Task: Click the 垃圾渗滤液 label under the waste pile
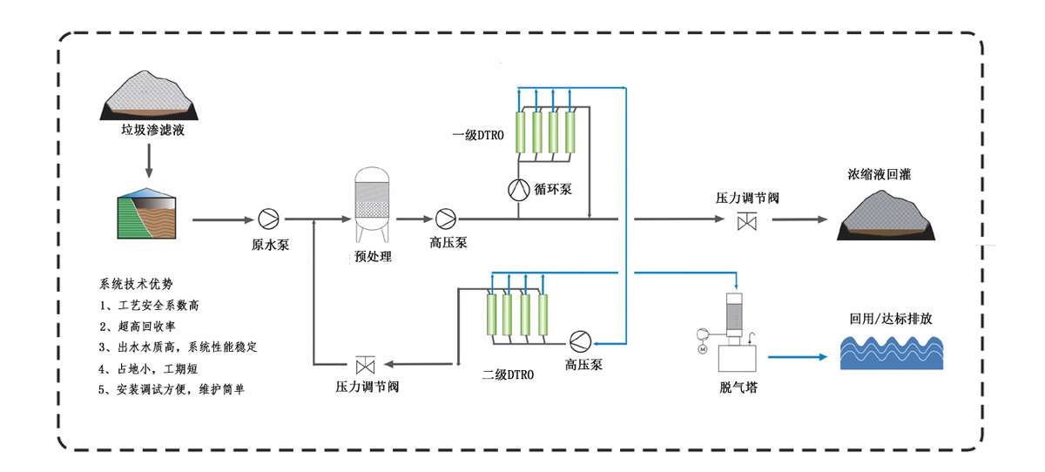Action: pos(153,131)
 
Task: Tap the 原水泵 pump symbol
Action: pos(266,219)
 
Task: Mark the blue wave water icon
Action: pos(890,355)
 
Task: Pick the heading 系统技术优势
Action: pos(137,284)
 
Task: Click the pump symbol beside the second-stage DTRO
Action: pos(578,339)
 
